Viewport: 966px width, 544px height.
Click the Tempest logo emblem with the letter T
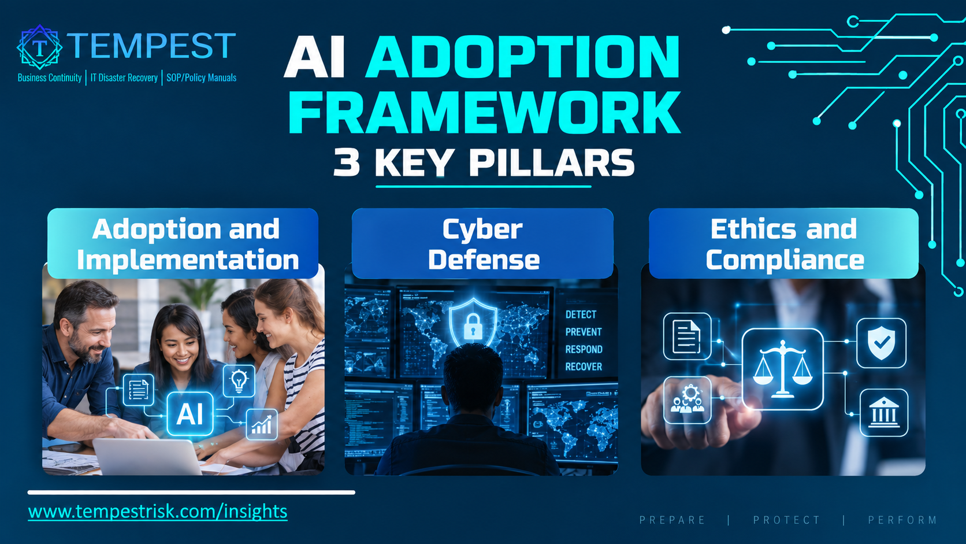point(40,47)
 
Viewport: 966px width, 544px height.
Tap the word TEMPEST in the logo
point(151,45)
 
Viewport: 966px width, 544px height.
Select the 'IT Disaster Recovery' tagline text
point(124,77)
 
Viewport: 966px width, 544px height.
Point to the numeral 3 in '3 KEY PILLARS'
point(346,162)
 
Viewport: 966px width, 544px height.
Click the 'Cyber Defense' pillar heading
point(483,244)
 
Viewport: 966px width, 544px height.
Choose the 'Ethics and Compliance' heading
point(785,244)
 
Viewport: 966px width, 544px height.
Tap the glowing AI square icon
point(190,414)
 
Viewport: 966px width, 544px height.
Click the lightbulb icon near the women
point(239,380)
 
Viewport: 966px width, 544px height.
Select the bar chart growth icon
point(262,424)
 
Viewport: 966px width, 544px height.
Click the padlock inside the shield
point(473,325)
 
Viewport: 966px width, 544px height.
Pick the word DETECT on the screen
point(581,314)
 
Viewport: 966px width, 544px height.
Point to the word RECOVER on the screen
point(584,367)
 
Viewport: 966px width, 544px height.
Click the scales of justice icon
point(783,369)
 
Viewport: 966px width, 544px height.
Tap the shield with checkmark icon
point(881,343)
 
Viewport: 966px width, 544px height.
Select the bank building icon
point(884,413)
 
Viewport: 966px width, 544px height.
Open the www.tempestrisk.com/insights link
point(157,512)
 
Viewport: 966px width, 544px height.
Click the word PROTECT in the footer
point(786,520)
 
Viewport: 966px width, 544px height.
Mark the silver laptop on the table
point(147,457)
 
